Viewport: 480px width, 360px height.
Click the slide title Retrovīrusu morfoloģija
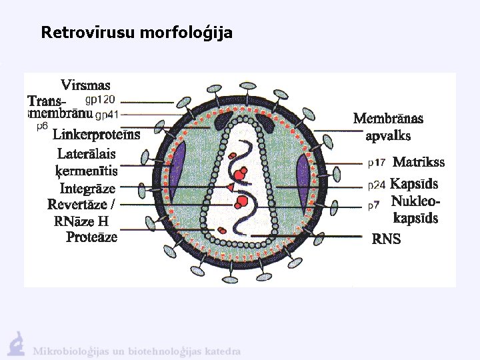(137, 32)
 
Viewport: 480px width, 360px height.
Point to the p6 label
(42, 125)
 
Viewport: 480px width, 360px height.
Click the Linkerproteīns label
(96, 135)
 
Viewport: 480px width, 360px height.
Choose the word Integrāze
(87, 189)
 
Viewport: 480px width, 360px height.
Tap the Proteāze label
(91, 237)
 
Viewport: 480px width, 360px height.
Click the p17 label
(377, 162)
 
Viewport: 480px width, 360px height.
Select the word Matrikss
(419, 162)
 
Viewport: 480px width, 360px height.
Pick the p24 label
(377, 185)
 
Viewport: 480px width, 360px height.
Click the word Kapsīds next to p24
(414, 184)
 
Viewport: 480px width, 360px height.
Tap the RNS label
(386, 239)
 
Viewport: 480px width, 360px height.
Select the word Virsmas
(85, 85)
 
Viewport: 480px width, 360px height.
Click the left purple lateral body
(177, 175)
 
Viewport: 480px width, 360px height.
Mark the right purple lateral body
(303, 177)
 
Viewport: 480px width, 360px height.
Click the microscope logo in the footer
(16, 342)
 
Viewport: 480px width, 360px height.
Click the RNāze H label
(81, 221)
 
